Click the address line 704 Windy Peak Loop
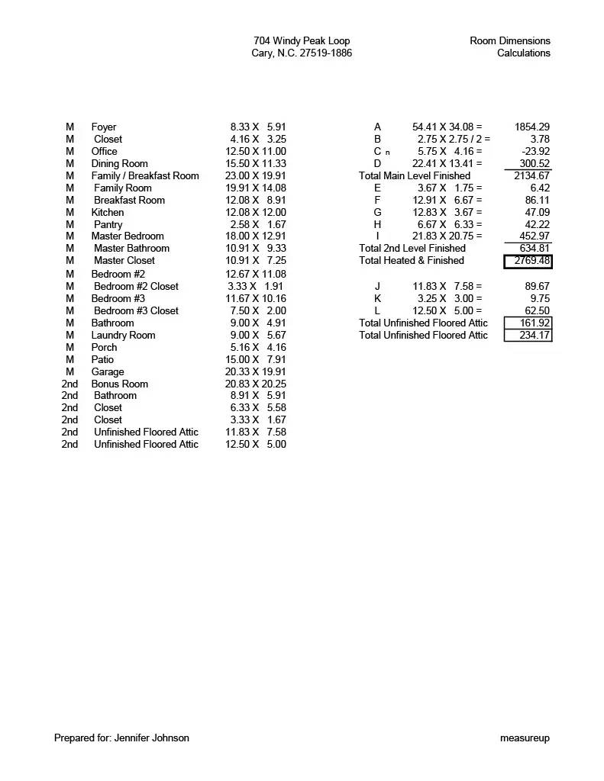(302, 41)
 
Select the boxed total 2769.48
(528, 261)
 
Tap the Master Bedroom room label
(128, 236)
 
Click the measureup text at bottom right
(525, 738)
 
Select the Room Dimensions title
(509, 41)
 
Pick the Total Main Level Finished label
(415, 176)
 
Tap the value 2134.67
(531, 176)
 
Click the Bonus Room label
(120, 384)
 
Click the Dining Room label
(120, 164)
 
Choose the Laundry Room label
(123, 336)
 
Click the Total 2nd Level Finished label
(412, 249)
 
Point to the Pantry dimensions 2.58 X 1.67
(258, 225)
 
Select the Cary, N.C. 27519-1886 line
(302, 53)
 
